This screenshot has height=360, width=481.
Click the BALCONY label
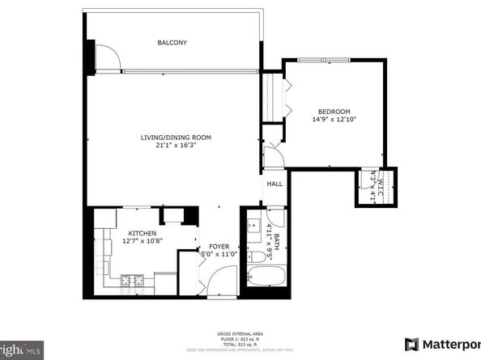pyautogui.click(x=172, y=42)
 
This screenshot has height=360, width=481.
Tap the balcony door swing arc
pyautogui.click(x=107, y=57)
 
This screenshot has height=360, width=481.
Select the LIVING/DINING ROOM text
pyautogui.click(x=175, y=138)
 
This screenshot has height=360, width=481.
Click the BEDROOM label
pyautogui.click(x=334, y=111)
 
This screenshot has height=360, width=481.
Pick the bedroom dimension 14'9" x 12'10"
pyautogui.click(x=334, y=120)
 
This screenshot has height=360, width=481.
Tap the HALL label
pyautogui.click(x=275, y=184)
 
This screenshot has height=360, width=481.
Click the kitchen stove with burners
pyautogui.click(x=132, y=281)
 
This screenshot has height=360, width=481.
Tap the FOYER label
pyautogui.click(x=219, y=246)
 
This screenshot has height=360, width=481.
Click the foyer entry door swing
pyautogui.click(x=217, y=280)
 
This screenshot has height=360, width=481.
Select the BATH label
pyautogui.click(x=277, y=238)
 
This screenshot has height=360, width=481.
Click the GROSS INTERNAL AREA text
pyautogui.click(x=239, y=332)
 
